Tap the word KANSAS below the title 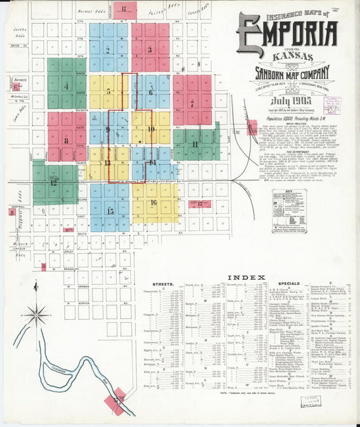click(x=287, y=56)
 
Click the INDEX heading click(x=241, y=278)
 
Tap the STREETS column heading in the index click(x=164, y=285)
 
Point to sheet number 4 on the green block click(x=66, y=86)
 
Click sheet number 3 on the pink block click(x=150, y=49)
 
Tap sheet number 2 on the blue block click(x=108, y=49)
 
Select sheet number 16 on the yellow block click(x=154, y=202)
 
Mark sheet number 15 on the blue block click(x=110, y=211)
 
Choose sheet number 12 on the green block click(x=53, y=182)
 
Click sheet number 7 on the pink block click(x=192, y=103)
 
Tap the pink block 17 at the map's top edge click(x=124, y=9)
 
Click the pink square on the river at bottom click(x=115, y=401)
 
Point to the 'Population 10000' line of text click(x=288, y=117)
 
